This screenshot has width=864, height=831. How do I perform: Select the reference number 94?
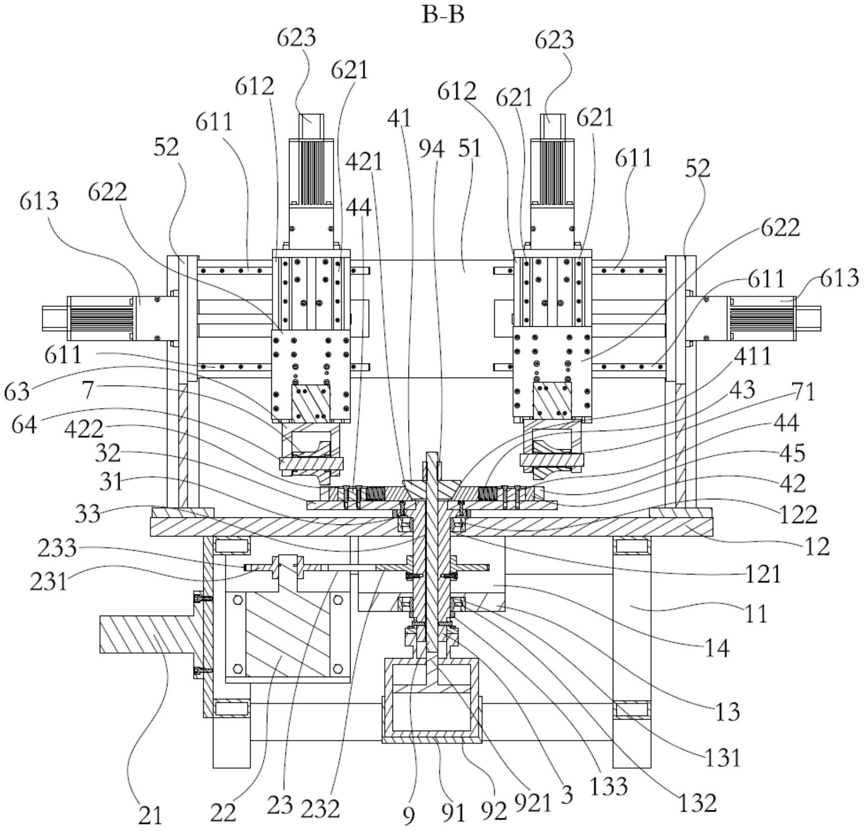tap(432, 149)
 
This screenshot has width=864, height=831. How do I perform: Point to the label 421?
tap(364, 162)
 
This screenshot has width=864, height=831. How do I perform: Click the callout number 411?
tap(752, 356)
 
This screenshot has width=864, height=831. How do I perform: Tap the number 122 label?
tap(798, 515)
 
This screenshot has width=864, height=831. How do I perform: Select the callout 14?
tap(717, 648)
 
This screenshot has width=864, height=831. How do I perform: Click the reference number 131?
tap(723, 757)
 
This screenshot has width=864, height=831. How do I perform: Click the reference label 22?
tap(223, 812)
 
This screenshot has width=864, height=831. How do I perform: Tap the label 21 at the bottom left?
tap(150, 815)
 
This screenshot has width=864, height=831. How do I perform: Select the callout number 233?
tap(57, 548)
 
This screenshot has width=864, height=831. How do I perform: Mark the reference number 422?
tap(84, 429)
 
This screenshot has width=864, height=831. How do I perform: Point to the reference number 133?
tap(609, 786)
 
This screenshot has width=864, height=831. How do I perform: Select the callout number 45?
tap(792, 453)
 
